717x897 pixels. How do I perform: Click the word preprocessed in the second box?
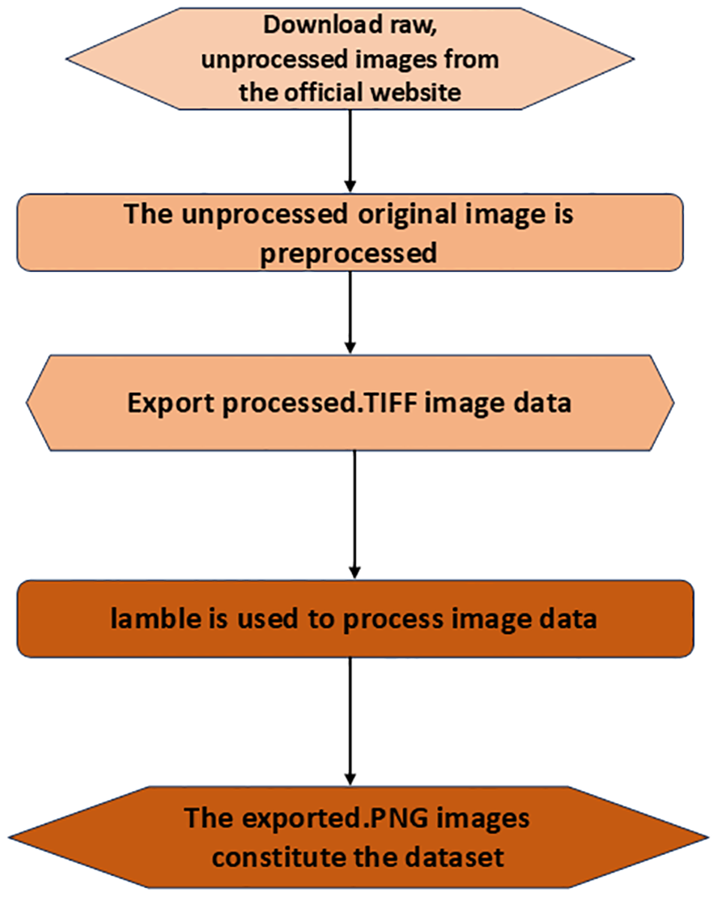click(x=350, y=253)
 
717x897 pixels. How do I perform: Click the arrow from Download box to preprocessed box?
click(x=350, y=149)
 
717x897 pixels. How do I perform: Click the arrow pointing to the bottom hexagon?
click(x=350, y=721)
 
